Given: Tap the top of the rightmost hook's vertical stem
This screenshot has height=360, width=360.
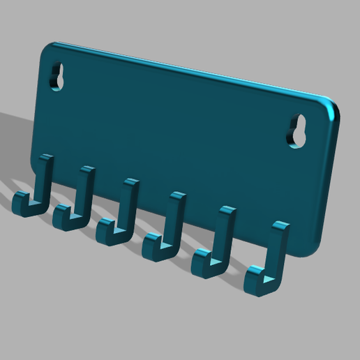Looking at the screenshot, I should click(280, 227).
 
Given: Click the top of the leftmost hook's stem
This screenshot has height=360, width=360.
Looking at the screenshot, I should click(47, 158).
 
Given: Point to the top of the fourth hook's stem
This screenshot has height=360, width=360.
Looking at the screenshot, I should click(177, 195).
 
